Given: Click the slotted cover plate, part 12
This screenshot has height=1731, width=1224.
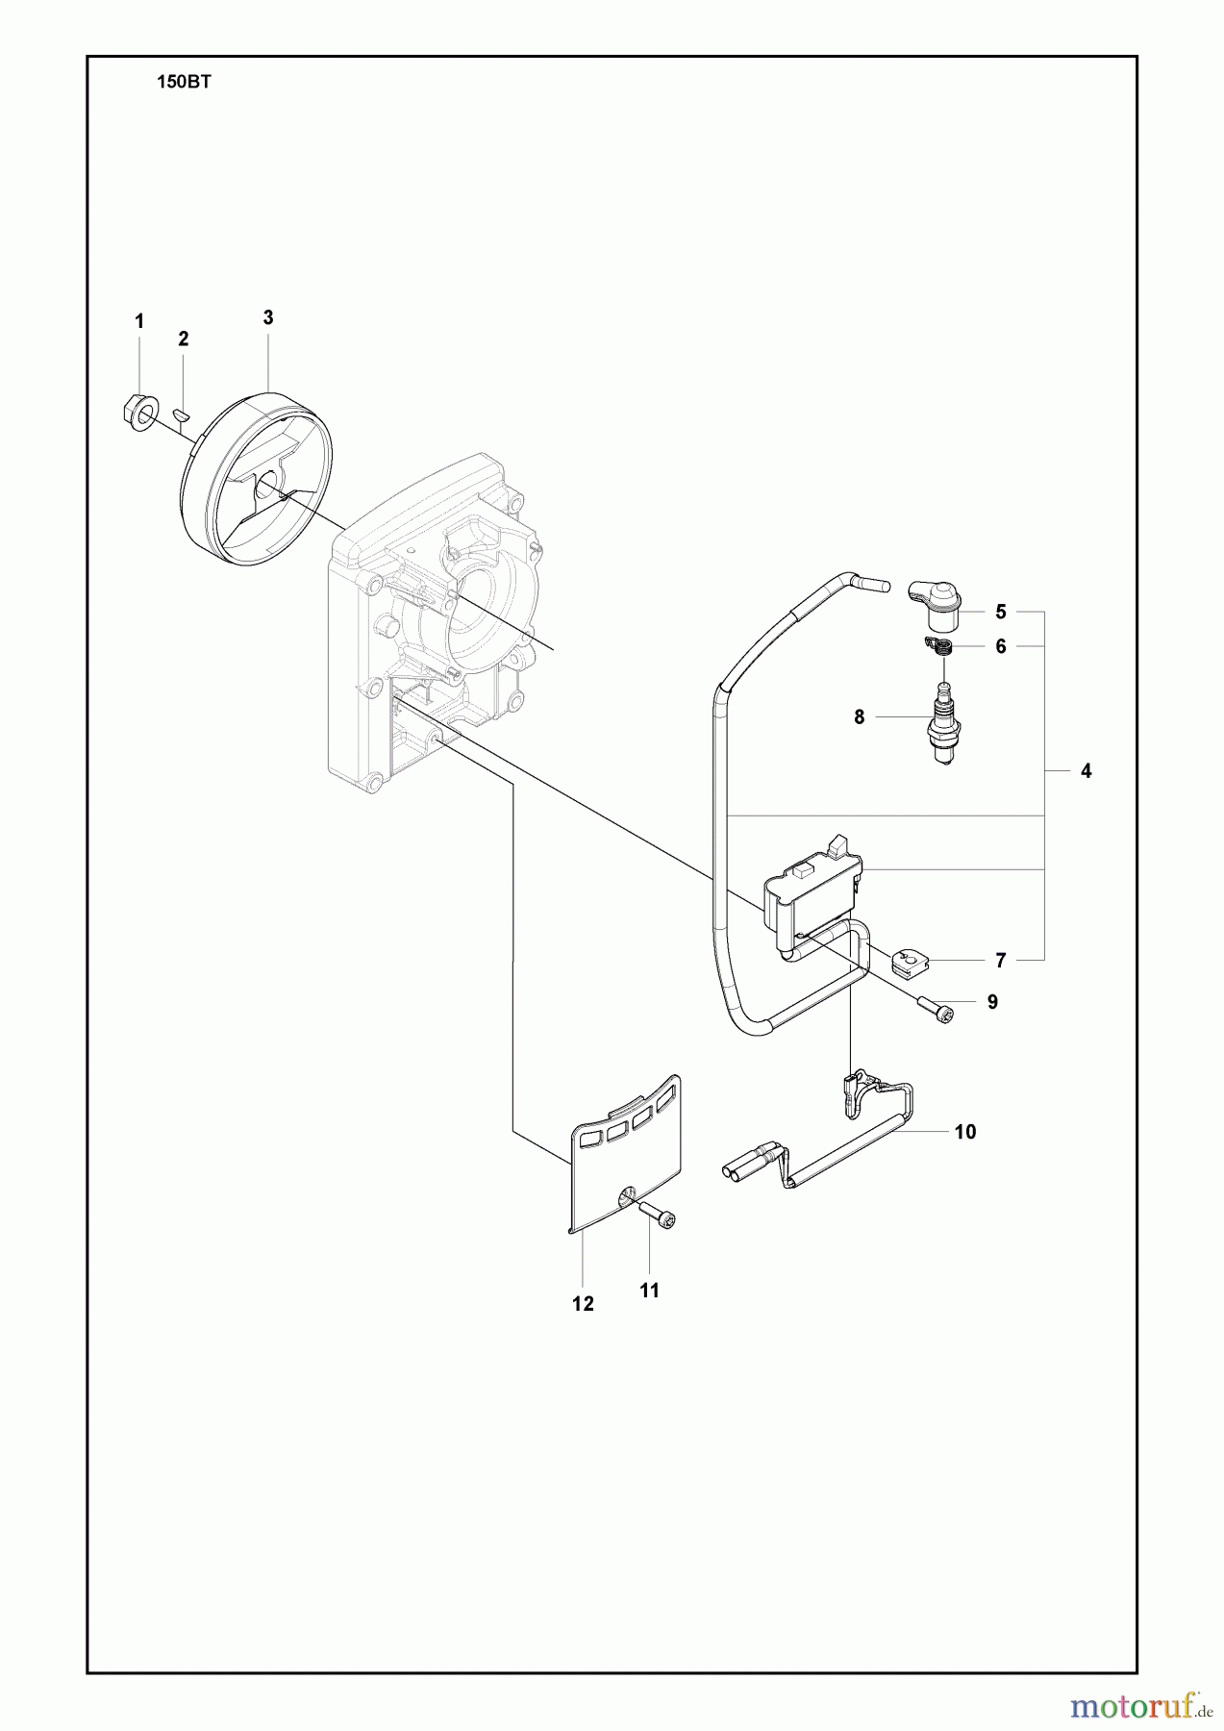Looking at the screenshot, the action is (623, 1152).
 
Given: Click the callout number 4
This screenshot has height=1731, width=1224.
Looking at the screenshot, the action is (1087, 770).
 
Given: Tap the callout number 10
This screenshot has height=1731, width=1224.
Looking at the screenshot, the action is (965, 1132).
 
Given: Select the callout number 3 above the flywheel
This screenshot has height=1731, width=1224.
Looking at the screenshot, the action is (268, 317).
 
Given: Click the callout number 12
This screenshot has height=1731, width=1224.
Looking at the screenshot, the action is (583, 1304).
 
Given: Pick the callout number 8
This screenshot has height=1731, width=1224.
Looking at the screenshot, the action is (860, 716).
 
